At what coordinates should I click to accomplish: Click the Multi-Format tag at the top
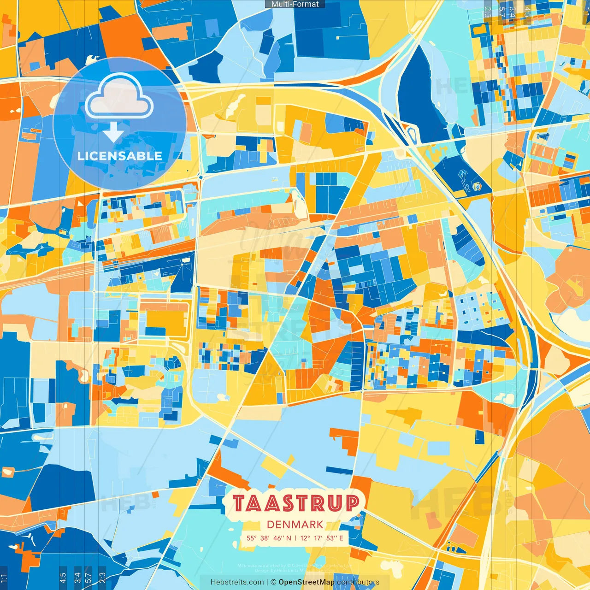(x=295, y=4)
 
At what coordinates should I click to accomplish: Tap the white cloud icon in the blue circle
(x=119, y=97)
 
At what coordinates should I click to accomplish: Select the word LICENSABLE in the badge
(x=120, y=156)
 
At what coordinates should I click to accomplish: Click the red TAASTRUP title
(x=295, y=503)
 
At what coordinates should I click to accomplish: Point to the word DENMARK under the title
(x=295, y=525)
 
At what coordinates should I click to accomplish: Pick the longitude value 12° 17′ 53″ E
(x=322, y=538)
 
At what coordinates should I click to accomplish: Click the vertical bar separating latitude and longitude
(x=295, y=538)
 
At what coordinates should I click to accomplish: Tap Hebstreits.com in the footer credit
(x=237, y=582)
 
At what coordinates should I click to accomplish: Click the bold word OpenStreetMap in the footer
(x=307, y=582)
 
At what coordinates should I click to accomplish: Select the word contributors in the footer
(x=358, y=582)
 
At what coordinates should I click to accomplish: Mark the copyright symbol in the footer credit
(x=273, y=582)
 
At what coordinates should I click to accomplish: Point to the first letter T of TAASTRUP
(x=239, y=503)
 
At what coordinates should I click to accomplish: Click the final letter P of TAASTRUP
(x=352, y=503)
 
